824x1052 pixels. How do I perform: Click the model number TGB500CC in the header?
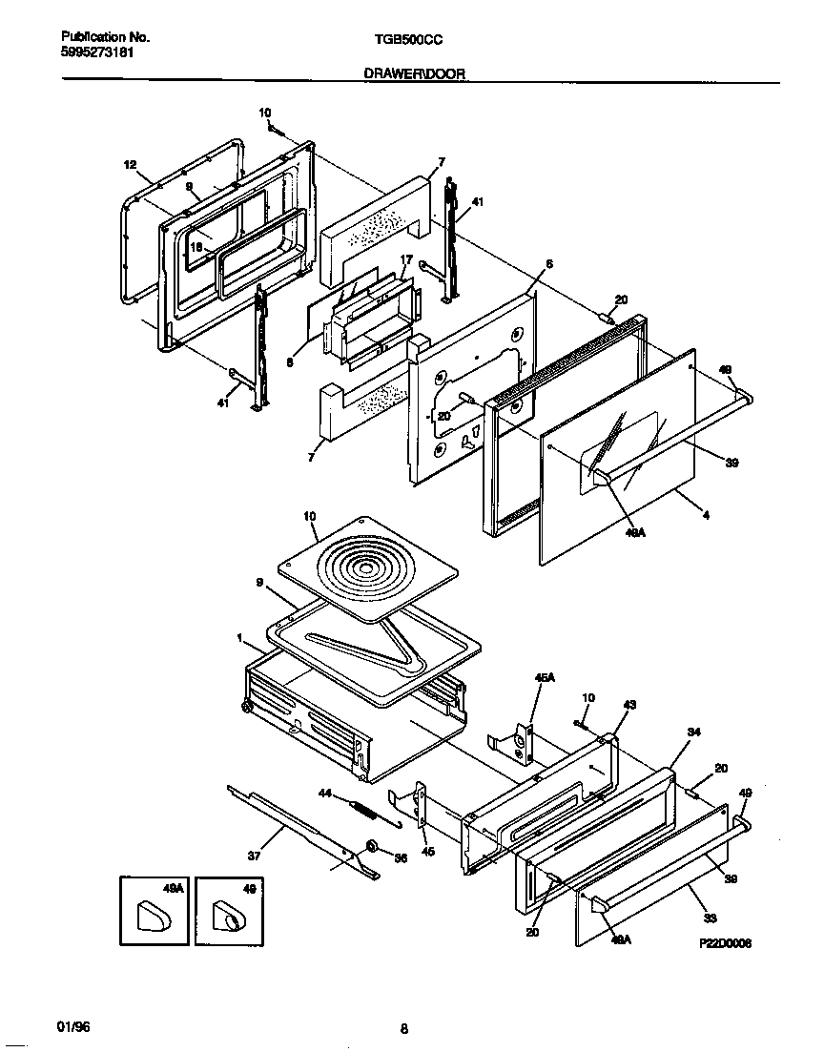coord(405,41)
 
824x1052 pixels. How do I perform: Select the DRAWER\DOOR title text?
coord(414,73)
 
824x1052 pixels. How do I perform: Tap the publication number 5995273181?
coord(93,52)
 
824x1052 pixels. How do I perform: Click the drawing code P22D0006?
coord(725,943)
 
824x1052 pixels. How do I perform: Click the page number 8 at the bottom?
coord(404,1028)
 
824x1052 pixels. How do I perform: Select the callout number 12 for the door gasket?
coord(131,165)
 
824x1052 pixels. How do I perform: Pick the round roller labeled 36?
coord(372,848)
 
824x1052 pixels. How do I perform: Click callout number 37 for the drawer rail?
coord(254,856)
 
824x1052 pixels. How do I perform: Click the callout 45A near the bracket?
coord(544,678)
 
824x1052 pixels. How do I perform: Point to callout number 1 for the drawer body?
coord(240,637)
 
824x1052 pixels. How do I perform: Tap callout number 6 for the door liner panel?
coord(548,263)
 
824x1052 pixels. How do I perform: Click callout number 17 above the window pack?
coord(405,259)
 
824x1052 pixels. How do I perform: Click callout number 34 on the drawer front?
coord(693,732)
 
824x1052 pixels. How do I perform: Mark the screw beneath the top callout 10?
coord(272,128)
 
